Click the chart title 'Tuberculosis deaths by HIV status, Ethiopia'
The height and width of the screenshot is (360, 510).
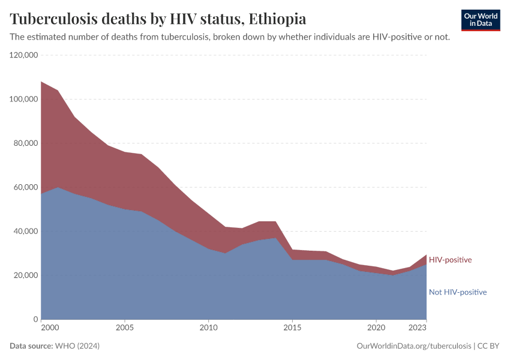(158, 19)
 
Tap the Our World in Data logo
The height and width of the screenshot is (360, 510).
(480, 20)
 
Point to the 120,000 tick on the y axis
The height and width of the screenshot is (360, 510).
(24, 55)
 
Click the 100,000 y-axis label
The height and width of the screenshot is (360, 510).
(24, 99)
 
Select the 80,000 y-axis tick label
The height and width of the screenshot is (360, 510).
(26, 143)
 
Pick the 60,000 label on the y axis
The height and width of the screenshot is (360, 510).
(26, 187)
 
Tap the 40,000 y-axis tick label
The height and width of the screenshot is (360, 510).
(26, 232)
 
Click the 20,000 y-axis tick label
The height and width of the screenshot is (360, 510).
(26, 275)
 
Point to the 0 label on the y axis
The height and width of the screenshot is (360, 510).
(36, 319)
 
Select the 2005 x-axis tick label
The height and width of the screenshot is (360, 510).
(124, 328)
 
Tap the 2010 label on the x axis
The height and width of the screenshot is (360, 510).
(208, 328)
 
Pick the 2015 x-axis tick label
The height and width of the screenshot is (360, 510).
(292, 328)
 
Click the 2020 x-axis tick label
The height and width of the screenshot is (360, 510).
(376, 328)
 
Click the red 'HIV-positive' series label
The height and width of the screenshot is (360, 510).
(450, 260)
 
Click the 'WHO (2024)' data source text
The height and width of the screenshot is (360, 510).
(77, 346)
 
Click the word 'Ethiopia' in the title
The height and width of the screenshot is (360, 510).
(277, 19)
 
